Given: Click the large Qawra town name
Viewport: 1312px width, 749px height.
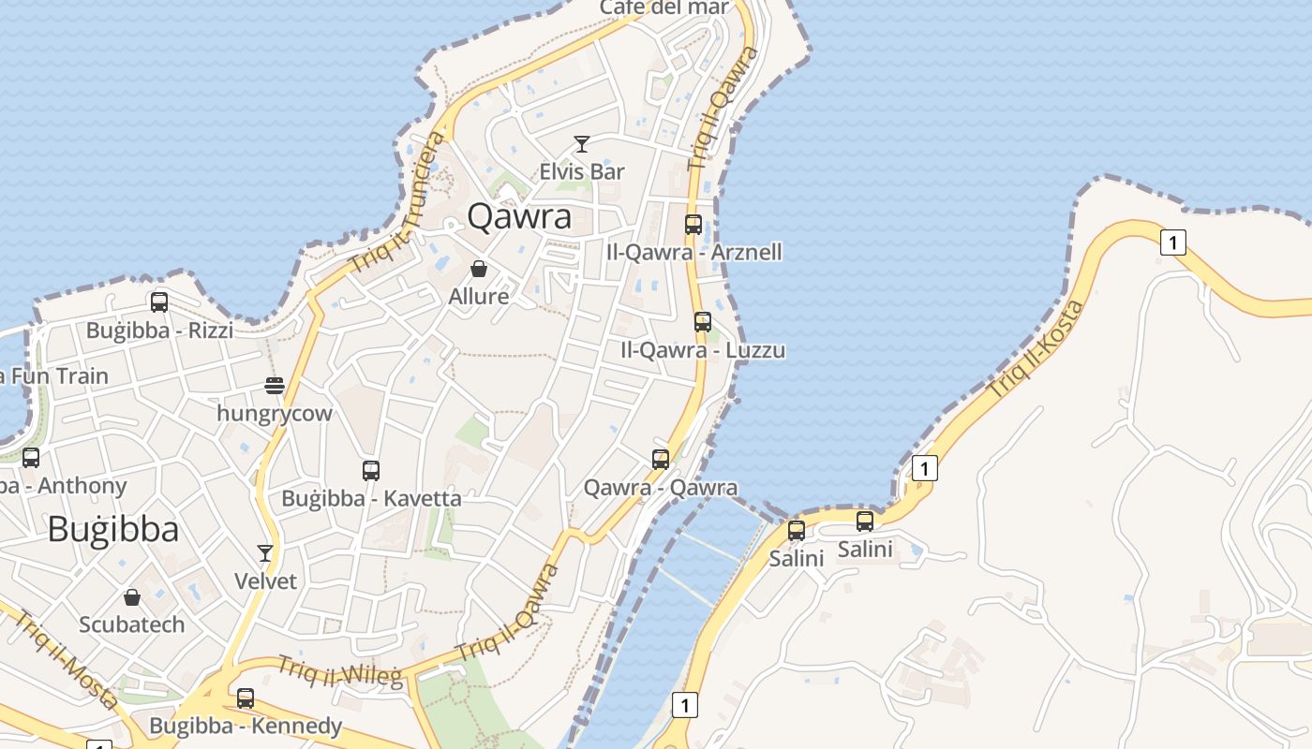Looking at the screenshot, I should pyautogui.click(x=519, y=217).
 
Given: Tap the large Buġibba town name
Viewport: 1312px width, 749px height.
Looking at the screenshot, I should pyautogui.click(x=112, y=530).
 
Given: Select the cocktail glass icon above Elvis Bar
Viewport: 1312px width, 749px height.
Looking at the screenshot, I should pyautogui.click(x=582, y=144).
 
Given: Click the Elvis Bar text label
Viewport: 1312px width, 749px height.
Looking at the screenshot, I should pyautogui.click(x=582, y=172).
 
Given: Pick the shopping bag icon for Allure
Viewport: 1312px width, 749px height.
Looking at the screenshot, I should pyautogui.click(x=479, y=270).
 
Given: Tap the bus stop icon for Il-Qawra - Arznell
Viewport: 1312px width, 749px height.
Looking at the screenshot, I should pyautogui.click(x=693, y=225).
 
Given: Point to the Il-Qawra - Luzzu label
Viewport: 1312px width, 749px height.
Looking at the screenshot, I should pyautogui.click(x=703, y=350).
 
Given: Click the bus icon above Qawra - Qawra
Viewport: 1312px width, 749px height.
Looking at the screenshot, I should pyautogui.click(x=661, y=460).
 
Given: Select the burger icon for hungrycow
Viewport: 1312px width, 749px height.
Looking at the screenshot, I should pyautogui.click(x=275, y=385).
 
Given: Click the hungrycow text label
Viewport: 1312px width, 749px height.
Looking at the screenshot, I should pyautogui.click(x=275, y=413).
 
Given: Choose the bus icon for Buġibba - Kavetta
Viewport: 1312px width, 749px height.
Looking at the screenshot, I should pyautogui.click(x=371, y=471).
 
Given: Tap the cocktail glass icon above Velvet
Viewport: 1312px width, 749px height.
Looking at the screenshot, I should pyautogui.click(x=265, y=553).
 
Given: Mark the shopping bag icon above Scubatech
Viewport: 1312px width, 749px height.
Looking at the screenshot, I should pyautogui.click(x=132, y=597).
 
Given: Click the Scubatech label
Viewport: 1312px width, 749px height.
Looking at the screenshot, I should pyautogui.click(x=132, y=624).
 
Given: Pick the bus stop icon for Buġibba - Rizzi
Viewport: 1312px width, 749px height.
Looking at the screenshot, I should pyautogui.click(x=159, y=302).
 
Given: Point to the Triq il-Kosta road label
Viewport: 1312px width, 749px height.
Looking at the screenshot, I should pyautogui.click(x=1036, y=348).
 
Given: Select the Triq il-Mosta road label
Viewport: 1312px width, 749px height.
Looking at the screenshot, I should pyautogui.click(x=66, y=659).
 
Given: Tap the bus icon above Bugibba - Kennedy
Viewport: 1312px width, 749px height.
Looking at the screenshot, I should pyautogui.click(x=246, y=698).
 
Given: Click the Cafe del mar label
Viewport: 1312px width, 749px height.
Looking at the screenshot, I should pyautogui.click(x=664, y=8).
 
